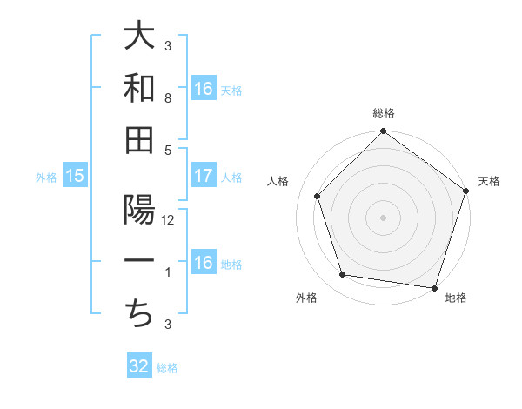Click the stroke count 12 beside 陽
168,220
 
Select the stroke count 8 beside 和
168,98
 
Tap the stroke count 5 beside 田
168,151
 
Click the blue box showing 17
204,176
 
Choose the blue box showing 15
75,176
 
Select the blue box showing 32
139,366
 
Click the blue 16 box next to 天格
204,89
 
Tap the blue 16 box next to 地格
204,263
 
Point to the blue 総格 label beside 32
167,368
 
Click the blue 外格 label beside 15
46,178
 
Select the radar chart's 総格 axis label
383,114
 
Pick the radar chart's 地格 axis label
456,298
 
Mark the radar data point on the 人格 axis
318,196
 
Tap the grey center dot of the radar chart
383,217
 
